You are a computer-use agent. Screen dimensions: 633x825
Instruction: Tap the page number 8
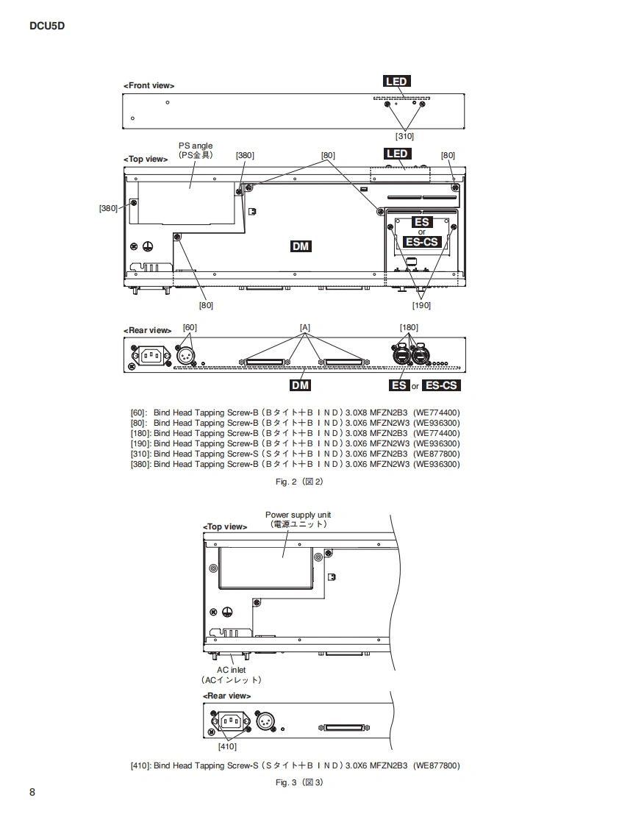tap(32, 792)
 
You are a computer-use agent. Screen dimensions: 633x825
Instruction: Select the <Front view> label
tap(149, 86)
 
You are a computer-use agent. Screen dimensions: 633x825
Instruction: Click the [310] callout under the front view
tap(404, 136)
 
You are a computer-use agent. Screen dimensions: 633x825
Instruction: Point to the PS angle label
tap(196, 146)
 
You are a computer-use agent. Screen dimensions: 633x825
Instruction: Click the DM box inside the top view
tap(301, 246)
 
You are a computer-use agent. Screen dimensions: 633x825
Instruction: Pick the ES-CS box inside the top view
tap(421, 242)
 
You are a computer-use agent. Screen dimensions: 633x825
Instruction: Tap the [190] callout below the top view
tap(421, 305)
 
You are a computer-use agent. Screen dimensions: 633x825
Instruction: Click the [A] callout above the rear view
tap(304, 327)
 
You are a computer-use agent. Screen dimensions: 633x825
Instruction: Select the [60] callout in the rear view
tap(190, 327)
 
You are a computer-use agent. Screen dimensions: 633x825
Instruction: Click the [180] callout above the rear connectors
tap(409, 327)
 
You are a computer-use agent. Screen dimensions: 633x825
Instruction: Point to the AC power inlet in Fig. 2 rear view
tap(151, 356)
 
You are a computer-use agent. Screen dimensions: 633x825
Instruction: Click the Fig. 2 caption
tap(299, 482)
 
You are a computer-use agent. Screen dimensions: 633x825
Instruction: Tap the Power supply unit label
tap(298, 515)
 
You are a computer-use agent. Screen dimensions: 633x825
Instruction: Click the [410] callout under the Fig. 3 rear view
tap(227, 746)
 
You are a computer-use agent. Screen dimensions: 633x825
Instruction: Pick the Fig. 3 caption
tap(299, 782)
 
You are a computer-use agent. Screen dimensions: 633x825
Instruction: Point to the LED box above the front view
tap(396, 81)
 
